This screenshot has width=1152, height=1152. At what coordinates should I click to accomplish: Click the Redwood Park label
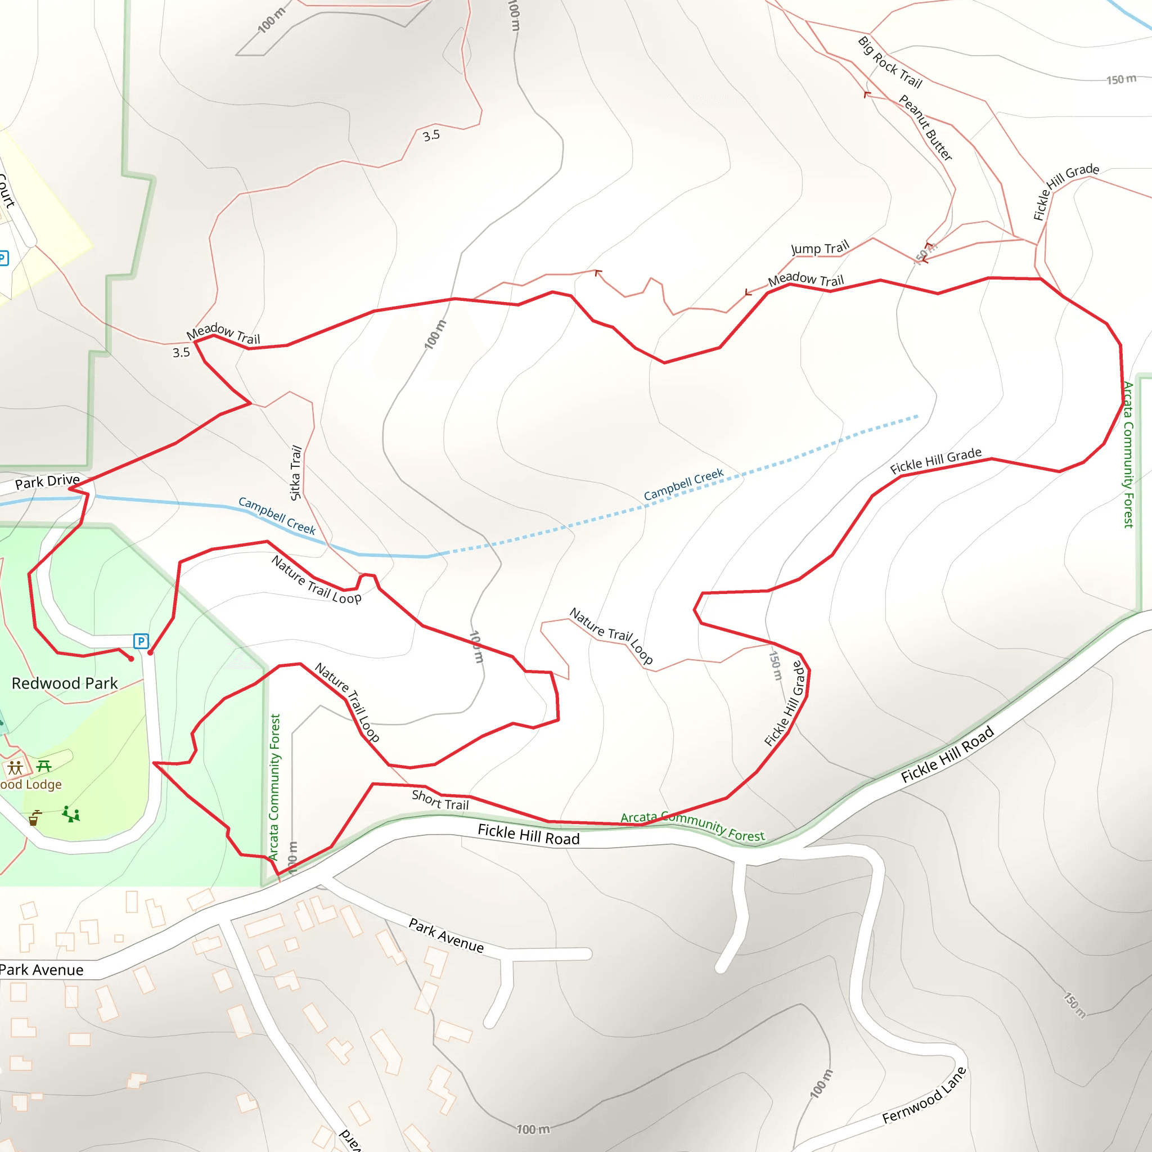tap(64, 683)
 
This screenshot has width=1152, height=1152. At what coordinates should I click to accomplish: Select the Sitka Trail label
tap(296, 472)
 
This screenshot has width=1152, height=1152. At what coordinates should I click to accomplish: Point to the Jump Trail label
tap(820, 248)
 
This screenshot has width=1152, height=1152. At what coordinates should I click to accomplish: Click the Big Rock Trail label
tap(890, 62)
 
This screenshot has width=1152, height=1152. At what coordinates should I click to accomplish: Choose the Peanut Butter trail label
tap(925, 128)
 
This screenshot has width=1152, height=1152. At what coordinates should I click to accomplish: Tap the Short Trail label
tap(440, 800)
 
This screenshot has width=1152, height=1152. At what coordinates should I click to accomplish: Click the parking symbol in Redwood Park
tap(141, 641)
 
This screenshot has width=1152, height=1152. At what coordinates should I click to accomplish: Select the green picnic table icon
tap(44, 766)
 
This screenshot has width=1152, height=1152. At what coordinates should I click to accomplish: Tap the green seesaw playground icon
tap(71, 814)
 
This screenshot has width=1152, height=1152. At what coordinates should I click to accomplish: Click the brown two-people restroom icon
tap(15, 767)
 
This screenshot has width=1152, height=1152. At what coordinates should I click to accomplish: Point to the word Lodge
tap(43, 785)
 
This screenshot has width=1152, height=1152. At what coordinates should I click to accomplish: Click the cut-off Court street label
tap(6, 190)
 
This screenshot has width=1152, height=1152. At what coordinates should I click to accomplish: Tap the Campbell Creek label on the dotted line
tap(683, 484)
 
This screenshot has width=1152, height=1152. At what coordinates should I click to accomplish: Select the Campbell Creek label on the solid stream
tap(277, 515)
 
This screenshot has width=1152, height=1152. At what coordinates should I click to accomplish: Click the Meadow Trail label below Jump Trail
tap(805, 279)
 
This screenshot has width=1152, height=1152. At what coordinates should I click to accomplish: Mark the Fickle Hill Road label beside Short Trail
tap(528, 835)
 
